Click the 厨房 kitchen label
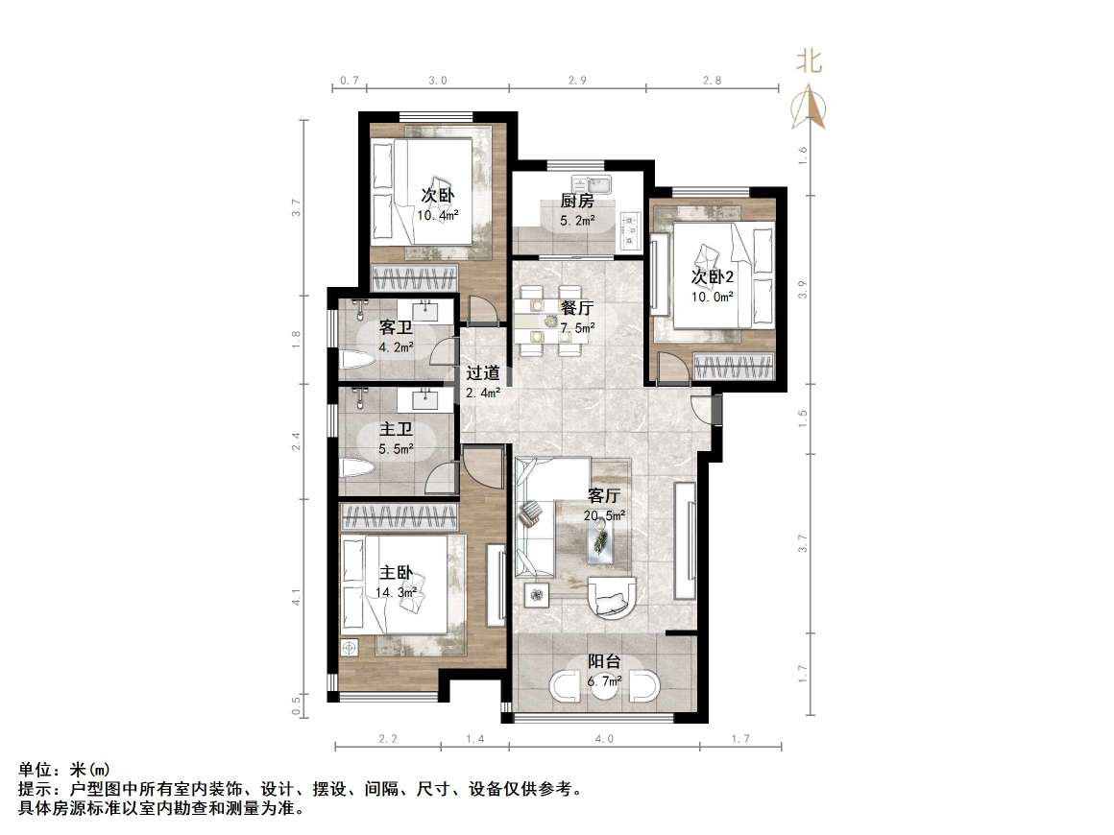577,202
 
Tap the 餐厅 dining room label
577,308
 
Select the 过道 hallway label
482,373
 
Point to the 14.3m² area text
396,592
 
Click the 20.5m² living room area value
604,515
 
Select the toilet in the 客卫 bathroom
355,361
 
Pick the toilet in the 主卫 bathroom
355,469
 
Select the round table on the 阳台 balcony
604,687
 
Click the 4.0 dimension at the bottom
603,740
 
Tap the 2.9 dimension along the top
576,81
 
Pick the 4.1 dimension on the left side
298,596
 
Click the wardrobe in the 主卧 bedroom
399,517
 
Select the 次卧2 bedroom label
713,277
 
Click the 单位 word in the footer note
35,770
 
